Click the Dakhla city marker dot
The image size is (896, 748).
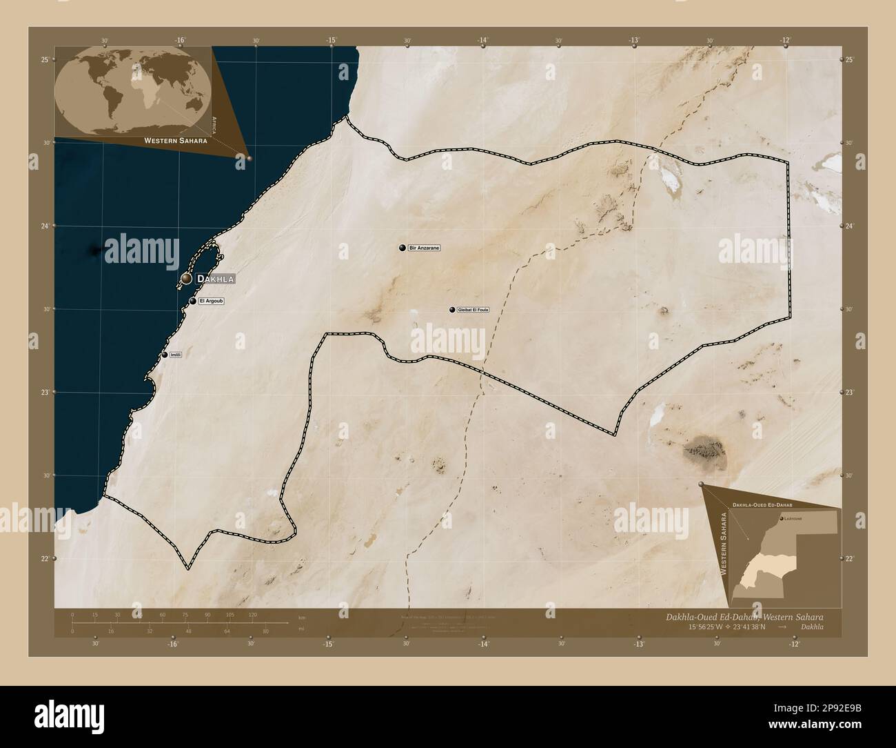tap(187, 279)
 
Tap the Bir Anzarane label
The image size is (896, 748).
tap(425, 247)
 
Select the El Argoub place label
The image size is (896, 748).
tap(211, 301)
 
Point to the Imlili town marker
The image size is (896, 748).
tap(165, 355)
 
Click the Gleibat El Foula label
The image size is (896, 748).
tap(473, 310)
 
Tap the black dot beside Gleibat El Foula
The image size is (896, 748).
tap(452, 310)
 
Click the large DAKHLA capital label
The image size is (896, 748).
tap(216, 279)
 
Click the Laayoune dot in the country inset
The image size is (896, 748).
tap(782, 518)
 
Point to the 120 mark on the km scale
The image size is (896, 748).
tap(252, 614)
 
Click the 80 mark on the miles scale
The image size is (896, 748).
tap(266, 631)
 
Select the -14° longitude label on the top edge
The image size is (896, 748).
tap(482, 41)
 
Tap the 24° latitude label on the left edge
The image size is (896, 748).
tap(44, 226)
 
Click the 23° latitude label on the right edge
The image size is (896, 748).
tap(849, 393)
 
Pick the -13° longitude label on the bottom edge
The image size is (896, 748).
tap(639, 644)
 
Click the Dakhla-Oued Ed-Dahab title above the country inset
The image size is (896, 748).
tap(762, 506)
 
